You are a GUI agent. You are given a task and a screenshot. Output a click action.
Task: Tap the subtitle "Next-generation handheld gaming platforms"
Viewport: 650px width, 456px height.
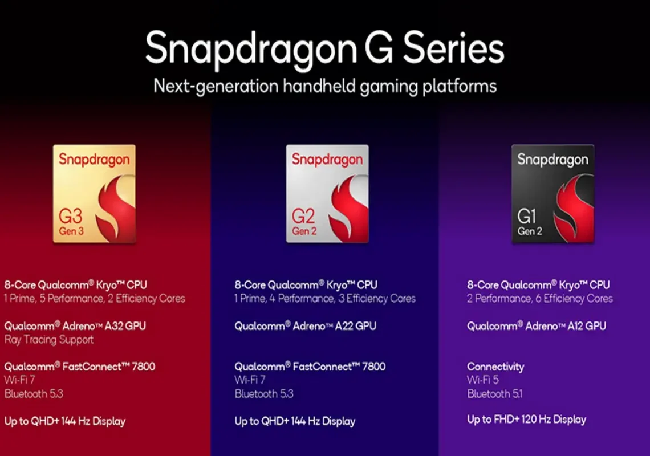pos(325,87)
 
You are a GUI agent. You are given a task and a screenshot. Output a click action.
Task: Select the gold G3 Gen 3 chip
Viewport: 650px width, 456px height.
pos(94,194)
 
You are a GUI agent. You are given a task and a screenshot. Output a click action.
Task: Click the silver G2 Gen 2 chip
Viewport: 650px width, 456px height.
pos(327,194)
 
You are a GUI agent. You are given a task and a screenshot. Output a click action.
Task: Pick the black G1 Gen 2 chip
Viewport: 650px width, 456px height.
pos(552,194)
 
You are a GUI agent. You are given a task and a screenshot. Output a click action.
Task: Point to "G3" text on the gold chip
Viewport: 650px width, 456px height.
pos(71,216)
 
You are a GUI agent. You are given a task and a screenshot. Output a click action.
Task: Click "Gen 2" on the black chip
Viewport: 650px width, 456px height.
pos(529,231)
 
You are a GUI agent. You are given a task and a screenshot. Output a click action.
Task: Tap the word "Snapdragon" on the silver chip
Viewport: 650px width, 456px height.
pos(327,160)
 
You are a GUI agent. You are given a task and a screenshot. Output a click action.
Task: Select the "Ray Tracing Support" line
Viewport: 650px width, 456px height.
pos(49,340)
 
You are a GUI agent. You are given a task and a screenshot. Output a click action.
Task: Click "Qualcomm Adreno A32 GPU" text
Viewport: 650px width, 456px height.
pos(75,326)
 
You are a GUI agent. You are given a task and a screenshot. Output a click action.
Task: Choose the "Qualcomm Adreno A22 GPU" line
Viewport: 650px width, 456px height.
pos(306,326)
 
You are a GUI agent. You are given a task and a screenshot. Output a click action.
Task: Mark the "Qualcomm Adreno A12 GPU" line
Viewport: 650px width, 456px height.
pos(537,326)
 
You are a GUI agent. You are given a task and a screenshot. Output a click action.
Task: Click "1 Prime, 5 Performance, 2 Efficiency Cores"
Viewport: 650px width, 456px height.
pos(95,299)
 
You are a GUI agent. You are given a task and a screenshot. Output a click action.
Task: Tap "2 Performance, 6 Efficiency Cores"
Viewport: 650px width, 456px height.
pos(540,299)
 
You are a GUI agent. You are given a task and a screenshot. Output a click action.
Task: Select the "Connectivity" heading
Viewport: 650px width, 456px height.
pos(495,367)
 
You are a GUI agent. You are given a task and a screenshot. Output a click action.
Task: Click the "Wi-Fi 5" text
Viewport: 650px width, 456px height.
pos(483,380)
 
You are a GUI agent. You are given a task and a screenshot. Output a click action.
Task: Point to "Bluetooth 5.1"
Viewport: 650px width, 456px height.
pos(494,394)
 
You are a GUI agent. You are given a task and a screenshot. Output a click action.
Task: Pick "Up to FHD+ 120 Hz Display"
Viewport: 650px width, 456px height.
pos(526,420)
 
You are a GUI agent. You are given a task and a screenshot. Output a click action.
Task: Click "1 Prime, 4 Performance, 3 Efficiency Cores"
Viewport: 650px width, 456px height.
pos(325,299)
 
